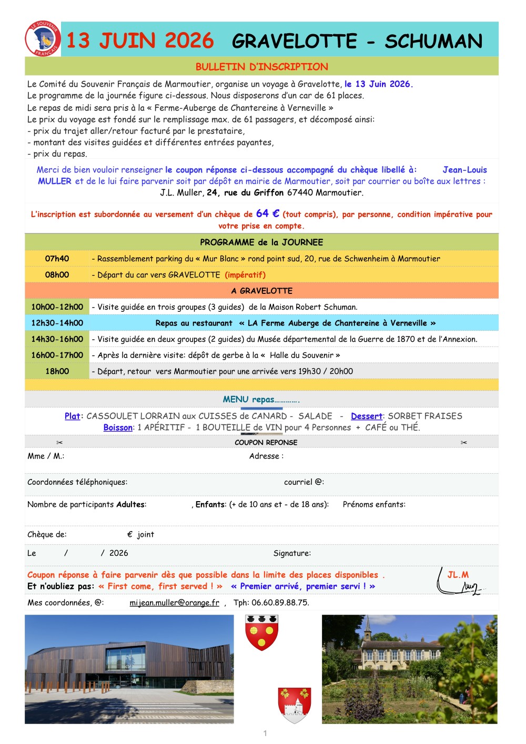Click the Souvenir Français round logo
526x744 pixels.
point(43,39)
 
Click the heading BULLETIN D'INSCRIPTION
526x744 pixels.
point(261,67)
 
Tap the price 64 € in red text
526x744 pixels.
point(268,213)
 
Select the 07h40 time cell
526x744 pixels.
point(57,259)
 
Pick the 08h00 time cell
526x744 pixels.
point(57,275)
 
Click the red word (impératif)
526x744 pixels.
point(245,275)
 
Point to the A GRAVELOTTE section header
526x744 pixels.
point(261,291)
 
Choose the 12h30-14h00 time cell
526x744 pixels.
point(57,323)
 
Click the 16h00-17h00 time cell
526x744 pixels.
point(57,355)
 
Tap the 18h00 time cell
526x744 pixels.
point(57,371)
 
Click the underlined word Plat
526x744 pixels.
point(72,416)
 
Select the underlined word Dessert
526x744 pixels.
point(367,416)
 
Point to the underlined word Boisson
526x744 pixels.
point(118,427)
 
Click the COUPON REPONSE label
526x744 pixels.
point(266,443)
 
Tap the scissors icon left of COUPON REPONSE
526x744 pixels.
point(59,443)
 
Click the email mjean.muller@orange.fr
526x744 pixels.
point(174,603)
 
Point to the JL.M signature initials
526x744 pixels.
point(458,575)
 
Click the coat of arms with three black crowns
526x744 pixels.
point(261,633)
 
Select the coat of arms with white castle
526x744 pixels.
point(295,705)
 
